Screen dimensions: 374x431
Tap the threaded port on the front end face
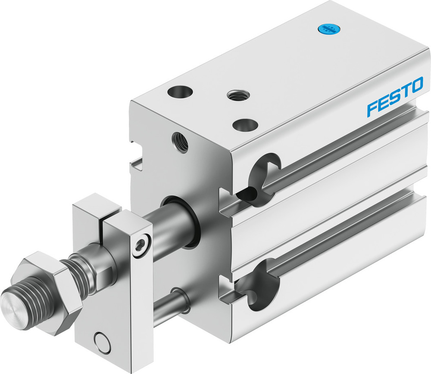179,141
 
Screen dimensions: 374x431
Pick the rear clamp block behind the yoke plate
93,211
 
